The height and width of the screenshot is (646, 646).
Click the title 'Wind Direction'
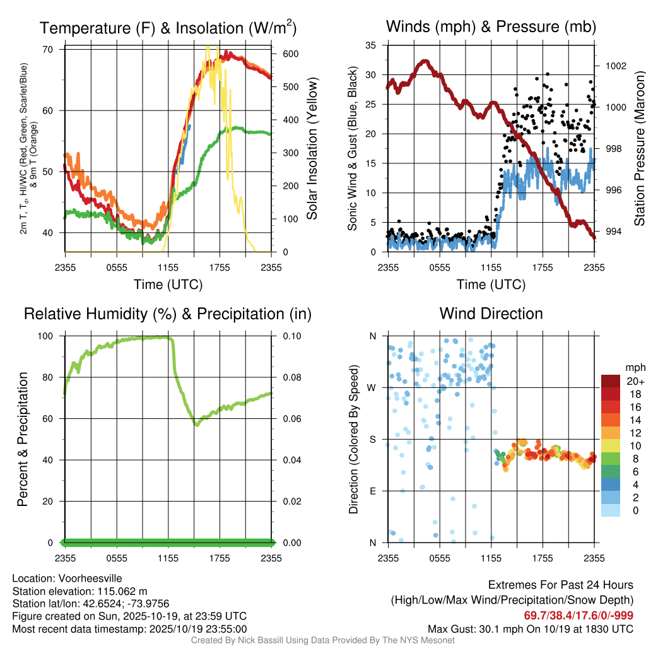point(491,314)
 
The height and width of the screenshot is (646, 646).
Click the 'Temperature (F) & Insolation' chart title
point(168,28)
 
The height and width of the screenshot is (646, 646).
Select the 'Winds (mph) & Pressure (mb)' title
point(491,26)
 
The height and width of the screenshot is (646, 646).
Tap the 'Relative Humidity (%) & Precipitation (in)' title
point(168,314)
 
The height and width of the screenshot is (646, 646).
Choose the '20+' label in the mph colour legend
point(633,381)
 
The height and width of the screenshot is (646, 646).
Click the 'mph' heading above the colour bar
point(634,367)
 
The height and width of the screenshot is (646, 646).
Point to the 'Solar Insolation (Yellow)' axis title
point(312,149)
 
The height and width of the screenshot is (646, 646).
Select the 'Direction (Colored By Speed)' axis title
point(353,438)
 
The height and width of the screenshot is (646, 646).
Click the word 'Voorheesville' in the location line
point(92,578)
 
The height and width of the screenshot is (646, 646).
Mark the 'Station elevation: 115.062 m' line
point(79,591)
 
